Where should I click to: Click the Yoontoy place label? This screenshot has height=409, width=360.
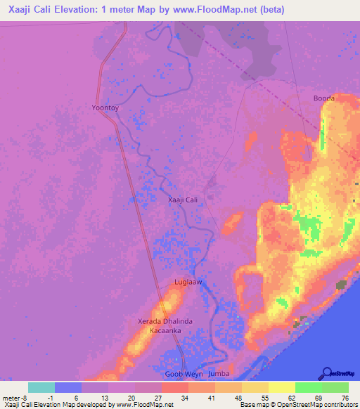click(x=106, y=108)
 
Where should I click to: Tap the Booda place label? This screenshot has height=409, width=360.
click(x=323, y=98)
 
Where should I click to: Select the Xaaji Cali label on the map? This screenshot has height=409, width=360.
click(x=186, y=200)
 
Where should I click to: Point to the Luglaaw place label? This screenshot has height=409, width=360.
click(x=188, y=282)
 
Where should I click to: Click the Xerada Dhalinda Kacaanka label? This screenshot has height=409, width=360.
click(x=164, y=325)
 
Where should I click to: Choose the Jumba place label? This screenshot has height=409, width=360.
click(x=219, y=374)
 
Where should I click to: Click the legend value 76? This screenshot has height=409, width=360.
click(x=344, y=398)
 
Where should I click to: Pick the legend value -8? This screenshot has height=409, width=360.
click(x=25, y=398)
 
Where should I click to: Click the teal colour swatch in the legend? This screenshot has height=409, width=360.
click(x=41, y=387)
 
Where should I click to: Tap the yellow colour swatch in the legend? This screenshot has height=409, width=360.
click(x=282, y=387)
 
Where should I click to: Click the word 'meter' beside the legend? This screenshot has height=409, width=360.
click(x=11, y=398)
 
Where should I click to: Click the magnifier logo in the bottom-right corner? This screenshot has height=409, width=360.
click(x=328, y=373)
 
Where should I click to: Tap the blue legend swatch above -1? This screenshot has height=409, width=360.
click(x=68, y=387)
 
